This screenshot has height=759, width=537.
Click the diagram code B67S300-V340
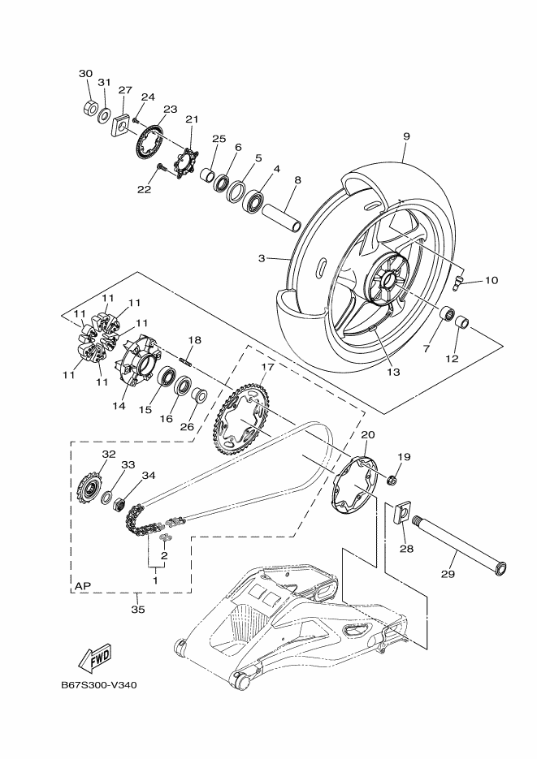click(x=99, y=684)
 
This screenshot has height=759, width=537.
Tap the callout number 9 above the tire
click(x=405, y=137)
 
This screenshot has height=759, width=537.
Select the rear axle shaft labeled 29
click(x=458, y=539)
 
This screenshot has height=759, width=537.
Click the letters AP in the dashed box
click(x=83, y=584)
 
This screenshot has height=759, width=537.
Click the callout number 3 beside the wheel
click(x=262, y=258)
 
